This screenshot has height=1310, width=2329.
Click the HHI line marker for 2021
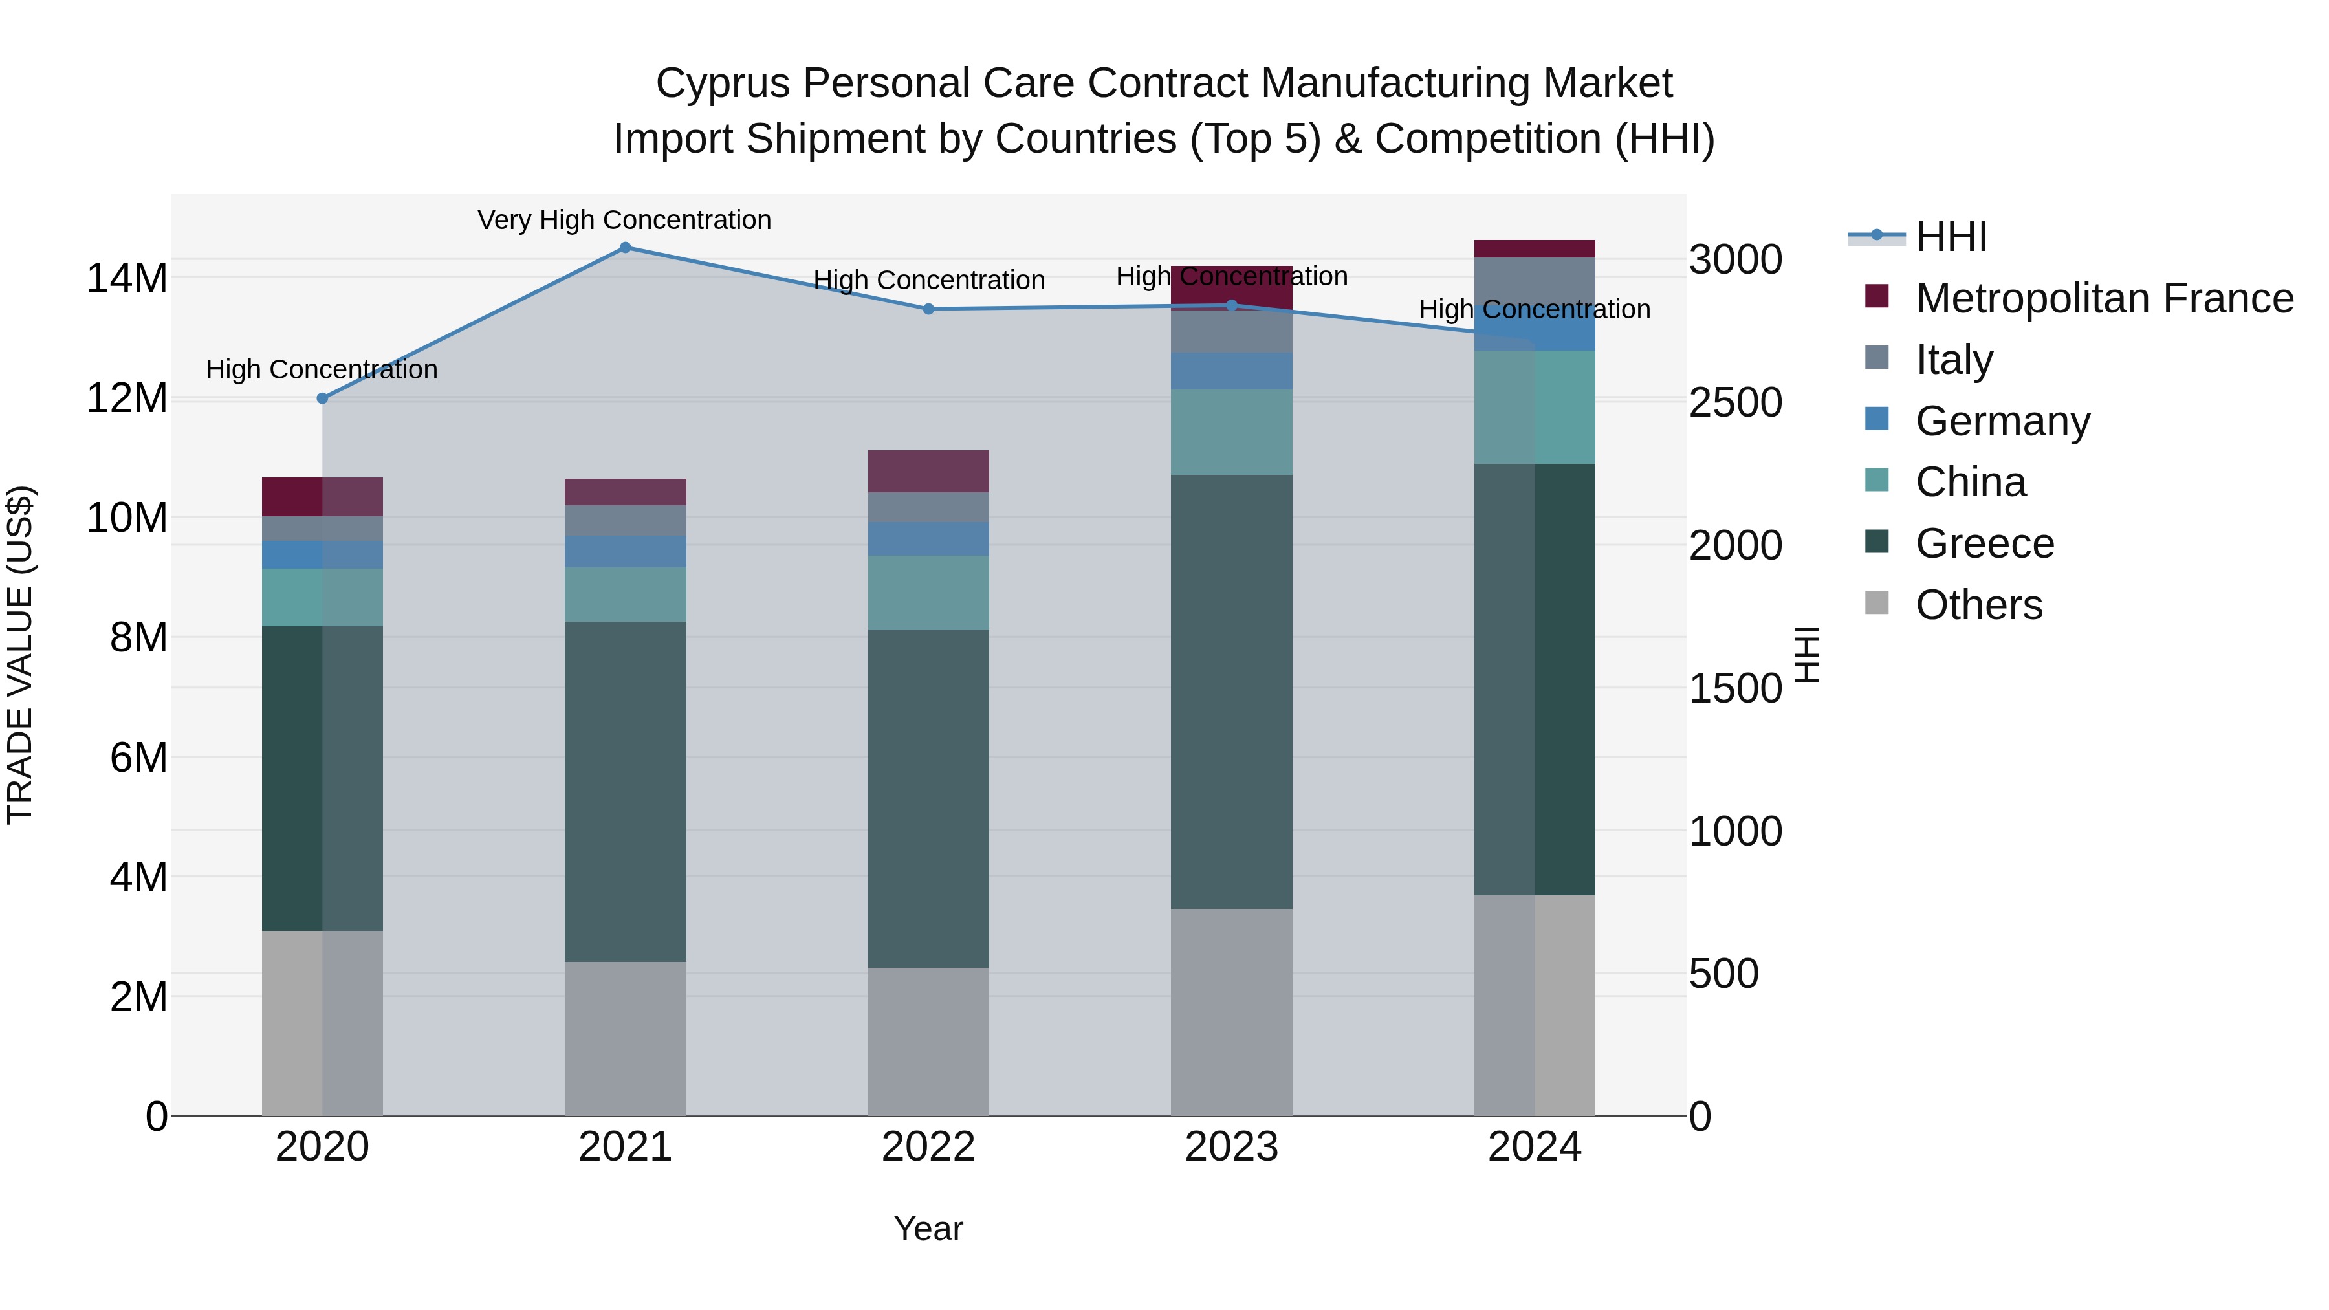tap(625, 248)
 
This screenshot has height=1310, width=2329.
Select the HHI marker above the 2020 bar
tap(323, 398)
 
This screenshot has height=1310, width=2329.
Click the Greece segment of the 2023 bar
tap(1231, 692)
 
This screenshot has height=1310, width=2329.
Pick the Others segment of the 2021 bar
tap(625, 1038)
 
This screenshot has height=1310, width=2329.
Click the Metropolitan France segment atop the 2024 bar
tap(1535, 248)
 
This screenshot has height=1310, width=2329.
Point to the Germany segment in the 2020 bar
tap(323, 554)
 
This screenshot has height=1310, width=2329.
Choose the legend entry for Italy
tap(1953, 360)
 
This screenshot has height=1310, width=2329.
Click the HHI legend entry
tap(1950, 237)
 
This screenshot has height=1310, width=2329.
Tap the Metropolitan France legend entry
tap(2103, 298)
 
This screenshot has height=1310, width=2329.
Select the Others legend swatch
tap(1877, 603)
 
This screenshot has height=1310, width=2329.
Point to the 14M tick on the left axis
tap(127, 278)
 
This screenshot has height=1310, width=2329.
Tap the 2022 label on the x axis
tap(928, 1147)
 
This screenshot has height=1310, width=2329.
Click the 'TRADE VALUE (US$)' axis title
tap(20, 655)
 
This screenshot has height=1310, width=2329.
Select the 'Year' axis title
tap(928, 1228)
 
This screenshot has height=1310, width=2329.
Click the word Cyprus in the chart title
tap(723, 83)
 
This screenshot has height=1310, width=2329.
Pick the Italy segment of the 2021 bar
tap(625, 520)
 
